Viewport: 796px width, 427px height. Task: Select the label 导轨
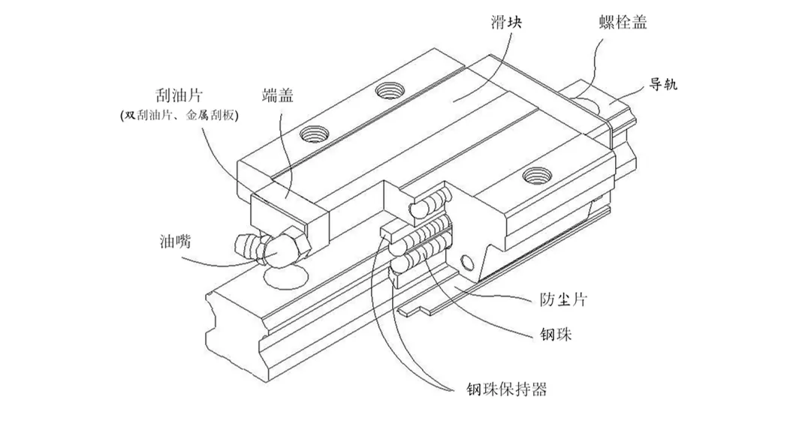[663, 85]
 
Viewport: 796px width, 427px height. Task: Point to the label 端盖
[279, 96]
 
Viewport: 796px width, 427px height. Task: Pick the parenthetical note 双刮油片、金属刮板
[179, 116]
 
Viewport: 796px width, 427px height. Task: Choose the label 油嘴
[174, 242]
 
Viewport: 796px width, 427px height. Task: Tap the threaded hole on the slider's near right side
[535, 175]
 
